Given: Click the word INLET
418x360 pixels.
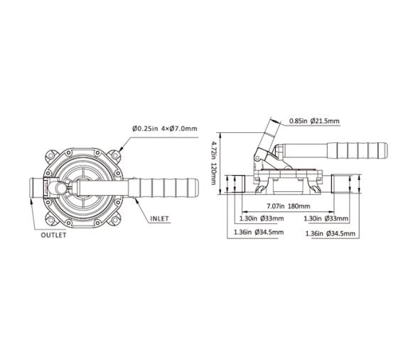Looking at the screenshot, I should [159, 218].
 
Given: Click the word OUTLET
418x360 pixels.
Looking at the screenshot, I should [53, 235].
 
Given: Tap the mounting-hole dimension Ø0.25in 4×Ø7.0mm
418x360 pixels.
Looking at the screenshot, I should [164, 128].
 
